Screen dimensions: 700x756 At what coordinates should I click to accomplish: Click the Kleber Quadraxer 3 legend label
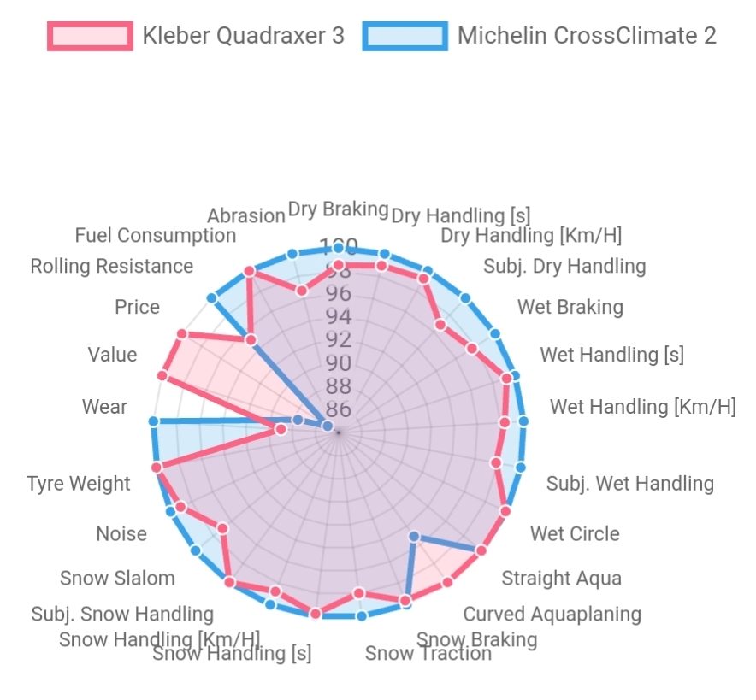coord(243,36)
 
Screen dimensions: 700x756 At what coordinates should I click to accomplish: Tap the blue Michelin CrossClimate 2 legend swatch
coord(405,36)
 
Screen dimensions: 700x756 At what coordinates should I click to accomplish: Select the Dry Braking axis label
coord(338,209)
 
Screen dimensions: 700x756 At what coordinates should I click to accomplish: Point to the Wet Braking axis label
coord(570,307)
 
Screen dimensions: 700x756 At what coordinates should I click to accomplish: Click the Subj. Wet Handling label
coord(629,484)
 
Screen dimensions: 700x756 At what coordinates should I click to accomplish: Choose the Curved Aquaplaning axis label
coord(552,614)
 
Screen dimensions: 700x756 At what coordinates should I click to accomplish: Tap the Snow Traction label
coord(428,654)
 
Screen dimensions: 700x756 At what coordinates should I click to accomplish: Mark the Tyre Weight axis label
coord(79,484)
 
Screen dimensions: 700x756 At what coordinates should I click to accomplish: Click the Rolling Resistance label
coord(111,266)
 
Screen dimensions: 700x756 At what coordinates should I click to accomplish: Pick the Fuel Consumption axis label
coord(155,235)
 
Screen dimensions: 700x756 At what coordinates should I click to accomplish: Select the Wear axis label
coord(104,407)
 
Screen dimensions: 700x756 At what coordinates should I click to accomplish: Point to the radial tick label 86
coord(339,409)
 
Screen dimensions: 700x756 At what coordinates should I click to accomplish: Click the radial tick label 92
coord(339,340)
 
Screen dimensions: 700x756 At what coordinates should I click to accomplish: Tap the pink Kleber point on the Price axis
coord(181,334)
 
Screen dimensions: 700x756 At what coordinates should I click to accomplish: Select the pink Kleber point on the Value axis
coord(162,376)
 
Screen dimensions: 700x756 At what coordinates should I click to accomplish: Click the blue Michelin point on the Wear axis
coord(153,421)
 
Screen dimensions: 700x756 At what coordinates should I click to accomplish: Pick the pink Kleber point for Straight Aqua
coord(481,550)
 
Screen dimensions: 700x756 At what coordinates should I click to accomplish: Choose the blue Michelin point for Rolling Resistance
coord(211,297)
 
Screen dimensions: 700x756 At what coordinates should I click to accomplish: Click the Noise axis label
coord(121,534)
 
